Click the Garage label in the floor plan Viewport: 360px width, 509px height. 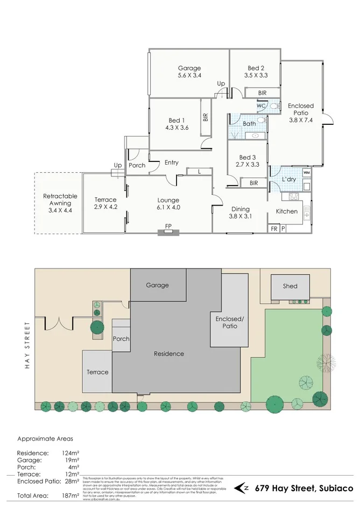(189, 68)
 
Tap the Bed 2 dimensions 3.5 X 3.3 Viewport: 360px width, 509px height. (256, 76)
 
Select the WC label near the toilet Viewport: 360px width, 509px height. (261, 106)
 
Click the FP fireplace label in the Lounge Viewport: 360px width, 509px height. (168, 226)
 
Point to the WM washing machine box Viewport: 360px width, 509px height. (306, 173)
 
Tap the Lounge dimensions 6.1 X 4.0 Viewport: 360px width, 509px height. (168, 207)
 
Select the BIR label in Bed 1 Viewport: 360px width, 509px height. (206, 117)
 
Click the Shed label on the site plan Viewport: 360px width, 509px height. (290, 286)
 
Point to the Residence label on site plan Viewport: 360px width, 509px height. (168, 354)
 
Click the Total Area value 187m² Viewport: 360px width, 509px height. (70, 494)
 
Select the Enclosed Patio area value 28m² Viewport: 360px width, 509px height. (71, 482)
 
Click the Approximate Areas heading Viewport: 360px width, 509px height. (45, 439)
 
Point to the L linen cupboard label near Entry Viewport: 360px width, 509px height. (199, 172)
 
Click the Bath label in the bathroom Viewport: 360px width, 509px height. (250, 124)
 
